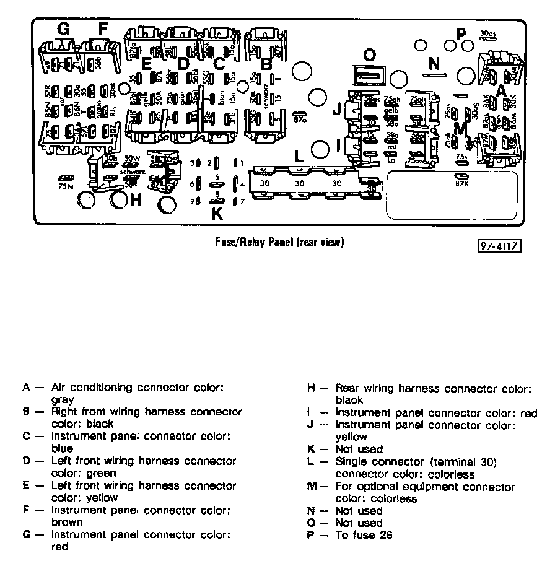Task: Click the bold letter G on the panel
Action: point(63,28)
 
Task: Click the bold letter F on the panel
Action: point(102,28)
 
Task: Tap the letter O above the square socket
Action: point(369,56)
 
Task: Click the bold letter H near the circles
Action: point(136,200)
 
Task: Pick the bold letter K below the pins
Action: point(217,214)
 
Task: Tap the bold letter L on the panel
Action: point(300,155)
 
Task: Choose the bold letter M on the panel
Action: point(460,128)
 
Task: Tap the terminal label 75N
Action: point(65,185)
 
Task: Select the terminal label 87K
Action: point(461,183)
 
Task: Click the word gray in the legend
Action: point(63,400)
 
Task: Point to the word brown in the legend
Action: point(67,522)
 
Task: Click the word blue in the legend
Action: point(63,448)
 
